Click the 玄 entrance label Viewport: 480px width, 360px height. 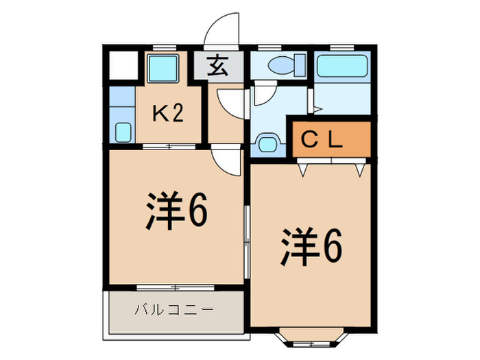click(217, 66)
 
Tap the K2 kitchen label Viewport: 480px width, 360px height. click(168, 114)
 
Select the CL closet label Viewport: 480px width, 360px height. click(322, 140)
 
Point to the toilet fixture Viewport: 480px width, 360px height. click(287, 65)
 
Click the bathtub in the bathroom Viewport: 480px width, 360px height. click(342, 66)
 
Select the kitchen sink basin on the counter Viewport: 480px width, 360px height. click(123, 132)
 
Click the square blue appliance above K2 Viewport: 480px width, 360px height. click(163, 69)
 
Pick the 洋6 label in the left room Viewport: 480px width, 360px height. click(177, 211)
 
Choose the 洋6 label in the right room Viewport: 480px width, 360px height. click(311, 247)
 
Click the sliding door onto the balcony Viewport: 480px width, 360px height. click(176, 287)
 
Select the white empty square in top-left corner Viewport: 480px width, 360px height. click(123, 66)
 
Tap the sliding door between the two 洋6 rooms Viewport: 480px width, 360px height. click(247, 242)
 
